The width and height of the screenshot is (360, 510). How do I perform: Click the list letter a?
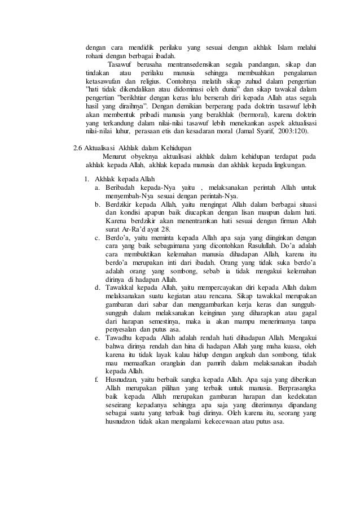98,187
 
